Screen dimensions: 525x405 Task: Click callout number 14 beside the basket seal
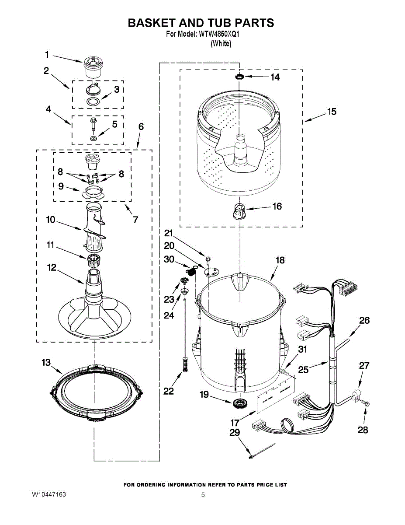pos(275,77)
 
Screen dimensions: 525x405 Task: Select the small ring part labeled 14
pos(239,77)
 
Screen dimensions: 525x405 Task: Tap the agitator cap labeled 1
pos(92,67)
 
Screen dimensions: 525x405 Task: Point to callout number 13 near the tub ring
pos(46,363)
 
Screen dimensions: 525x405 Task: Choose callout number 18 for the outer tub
pos(280,260)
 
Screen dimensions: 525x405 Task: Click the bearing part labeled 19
pos(239,403)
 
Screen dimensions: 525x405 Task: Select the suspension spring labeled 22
pos(184,364)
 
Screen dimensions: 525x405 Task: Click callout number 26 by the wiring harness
pos(364,321)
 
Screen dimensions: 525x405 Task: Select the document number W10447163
pos(48,495)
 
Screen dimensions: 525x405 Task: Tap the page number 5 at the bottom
pos(203,495)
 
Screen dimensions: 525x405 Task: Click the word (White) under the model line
pos(221,44)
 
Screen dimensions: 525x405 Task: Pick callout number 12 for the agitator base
pos(52,267)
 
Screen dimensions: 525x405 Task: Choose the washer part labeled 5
pos(93,138)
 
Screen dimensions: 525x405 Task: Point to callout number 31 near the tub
pos(302,350)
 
